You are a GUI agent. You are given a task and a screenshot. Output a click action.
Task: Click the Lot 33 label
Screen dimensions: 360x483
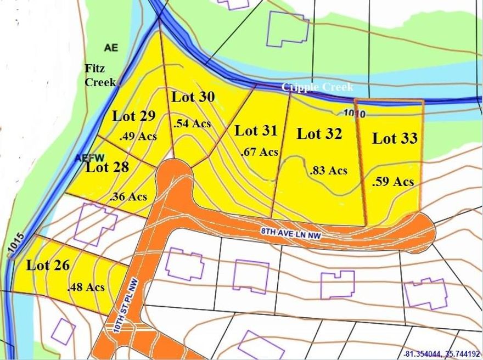pos(395,138)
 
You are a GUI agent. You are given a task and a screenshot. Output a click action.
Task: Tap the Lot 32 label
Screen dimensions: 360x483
pos(319,133)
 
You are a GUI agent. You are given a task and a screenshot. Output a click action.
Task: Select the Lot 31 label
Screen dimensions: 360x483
pos(256,131)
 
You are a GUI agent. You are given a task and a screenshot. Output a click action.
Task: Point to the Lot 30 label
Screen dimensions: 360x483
pos(193,97)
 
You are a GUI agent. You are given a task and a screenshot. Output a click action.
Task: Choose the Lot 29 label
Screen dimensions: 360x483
pos(134,116)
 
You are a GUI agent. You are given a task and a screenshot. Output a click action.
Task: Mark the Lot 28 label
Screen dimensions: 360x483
pos(107,167)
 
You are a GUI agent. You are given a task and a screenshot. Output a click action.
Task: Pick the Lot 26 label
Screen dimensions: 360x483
pos(48,266)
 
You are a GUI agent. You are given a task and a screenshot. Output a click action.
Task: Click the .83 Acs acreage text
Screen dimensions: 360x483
pos(328,170)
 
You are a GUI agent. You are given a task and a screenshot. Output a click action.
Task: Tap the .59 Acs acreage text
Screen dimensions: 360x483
pos(392,181)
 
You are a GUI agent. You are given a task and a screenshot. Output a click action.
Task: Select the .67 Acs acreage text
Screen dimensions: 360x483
pos(260,152)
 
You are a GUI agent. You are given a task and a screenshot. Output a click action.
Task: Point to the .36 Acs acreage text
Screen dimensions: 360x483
pos(128,196)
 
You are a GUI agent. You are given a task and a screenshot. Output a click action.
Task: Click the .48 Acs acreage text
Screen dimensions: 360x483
pos(86,286)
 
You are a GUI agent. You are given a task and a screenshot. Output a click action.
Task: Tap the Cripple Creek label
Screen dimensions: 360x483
pos(317,87)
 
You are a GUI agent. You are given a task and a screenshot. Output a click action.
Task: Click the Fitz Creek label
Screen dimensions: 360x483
pos(100,76)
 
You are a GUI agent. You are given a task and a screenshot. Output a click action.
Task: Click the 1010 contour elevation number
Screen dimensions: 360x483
pos(354,113)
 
